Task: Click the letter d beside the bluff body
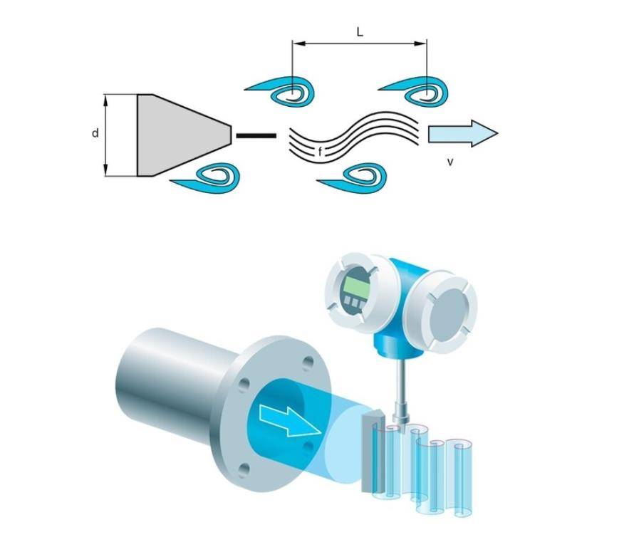(95, 133)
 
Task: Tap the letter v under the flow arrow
(450, 162)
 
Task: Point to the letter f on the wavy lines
(321, 152)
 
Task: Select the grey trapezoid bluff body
(178, 135)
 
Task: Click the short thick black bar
(256, 135)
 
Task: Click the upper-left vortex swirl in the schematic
(285, 92)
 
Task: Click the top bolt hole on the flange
(307, 363)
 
